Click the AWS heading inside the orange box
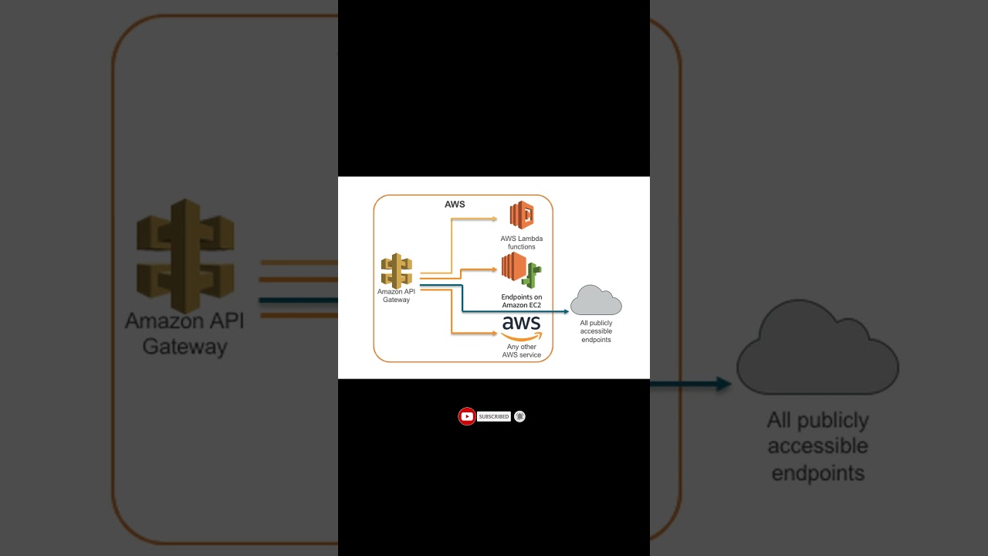click(455, 205)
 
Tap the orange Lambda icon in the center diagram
click(522, 215)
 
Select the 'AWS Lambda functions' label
click(522, 242)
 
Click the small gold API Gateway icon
click(396, 271)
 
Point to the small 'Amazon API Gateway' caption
click(396, 296)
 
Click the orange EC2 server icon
click(513, 266)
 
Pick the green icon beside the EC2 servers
click(533, 276)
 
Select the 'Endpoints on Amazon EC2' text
click(522, 301)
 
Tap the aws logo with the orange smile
click(522, 327)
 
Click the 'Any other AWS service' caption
click(522, 351)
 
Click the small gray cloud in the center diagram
click(596, 301)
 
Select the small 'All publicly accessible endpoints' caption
click(596, 331)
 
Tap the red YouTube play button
click(467, 417)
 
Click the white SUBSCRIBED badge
click(494, 417)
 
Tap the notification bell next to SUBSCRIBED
click(520, 417)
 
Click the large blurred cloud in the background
click(817, 351)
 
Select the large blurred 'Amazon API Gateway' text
click(184, 334)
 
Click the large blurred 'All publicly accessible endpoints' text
click(818, 446)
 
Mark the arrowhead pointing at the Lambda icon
click(495, 219)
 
